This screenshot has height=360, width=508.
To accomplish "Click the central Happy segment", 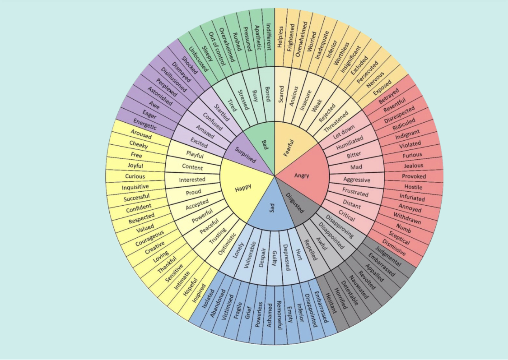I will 243,188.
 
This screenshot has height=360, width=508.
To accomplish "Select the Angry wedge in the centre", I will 302,175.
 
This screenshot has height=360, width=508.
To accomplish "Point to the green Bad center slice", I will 264,143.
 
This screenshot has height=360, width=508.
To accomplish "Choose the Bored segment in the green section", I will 267,93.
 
